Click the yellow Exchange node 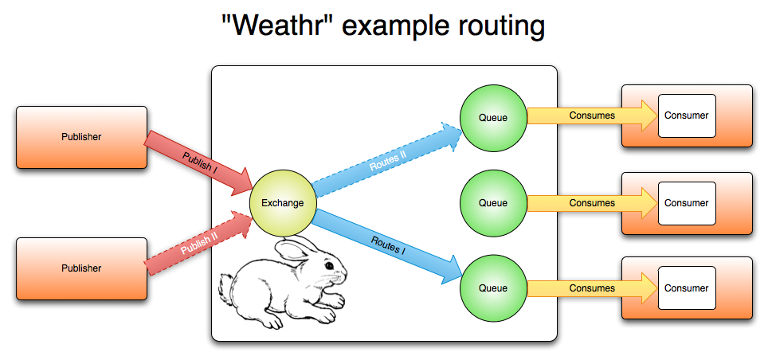pyautogui.click(x=283, y=203)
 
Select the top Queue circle pyautogui.click(x=492, y=117)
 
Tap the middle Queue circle pyautogui.click(x=492, y=202)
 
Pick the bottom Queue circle pyautogui.click(x=492, y=288)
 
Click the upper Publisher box pyautogui.click(x=81, y=137)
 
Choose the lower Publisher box pyautogui.click(x=81, y=268)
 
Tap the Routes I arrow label pyautogui.click(x=387, y=245)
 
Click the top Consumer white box pyautogui.click(x=686, y=115)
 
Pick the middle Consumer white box pyautogui.click(x=686, y=202)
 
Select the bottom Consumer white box pyautogui.click(x=686, y=288)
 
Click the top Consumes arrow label pyautogui.click(x=592, y=115)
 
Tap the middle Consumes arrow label pyautogui.click(x=592, y=202)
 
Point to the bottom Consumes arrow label pyautogui.click(x=592, y=288)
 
